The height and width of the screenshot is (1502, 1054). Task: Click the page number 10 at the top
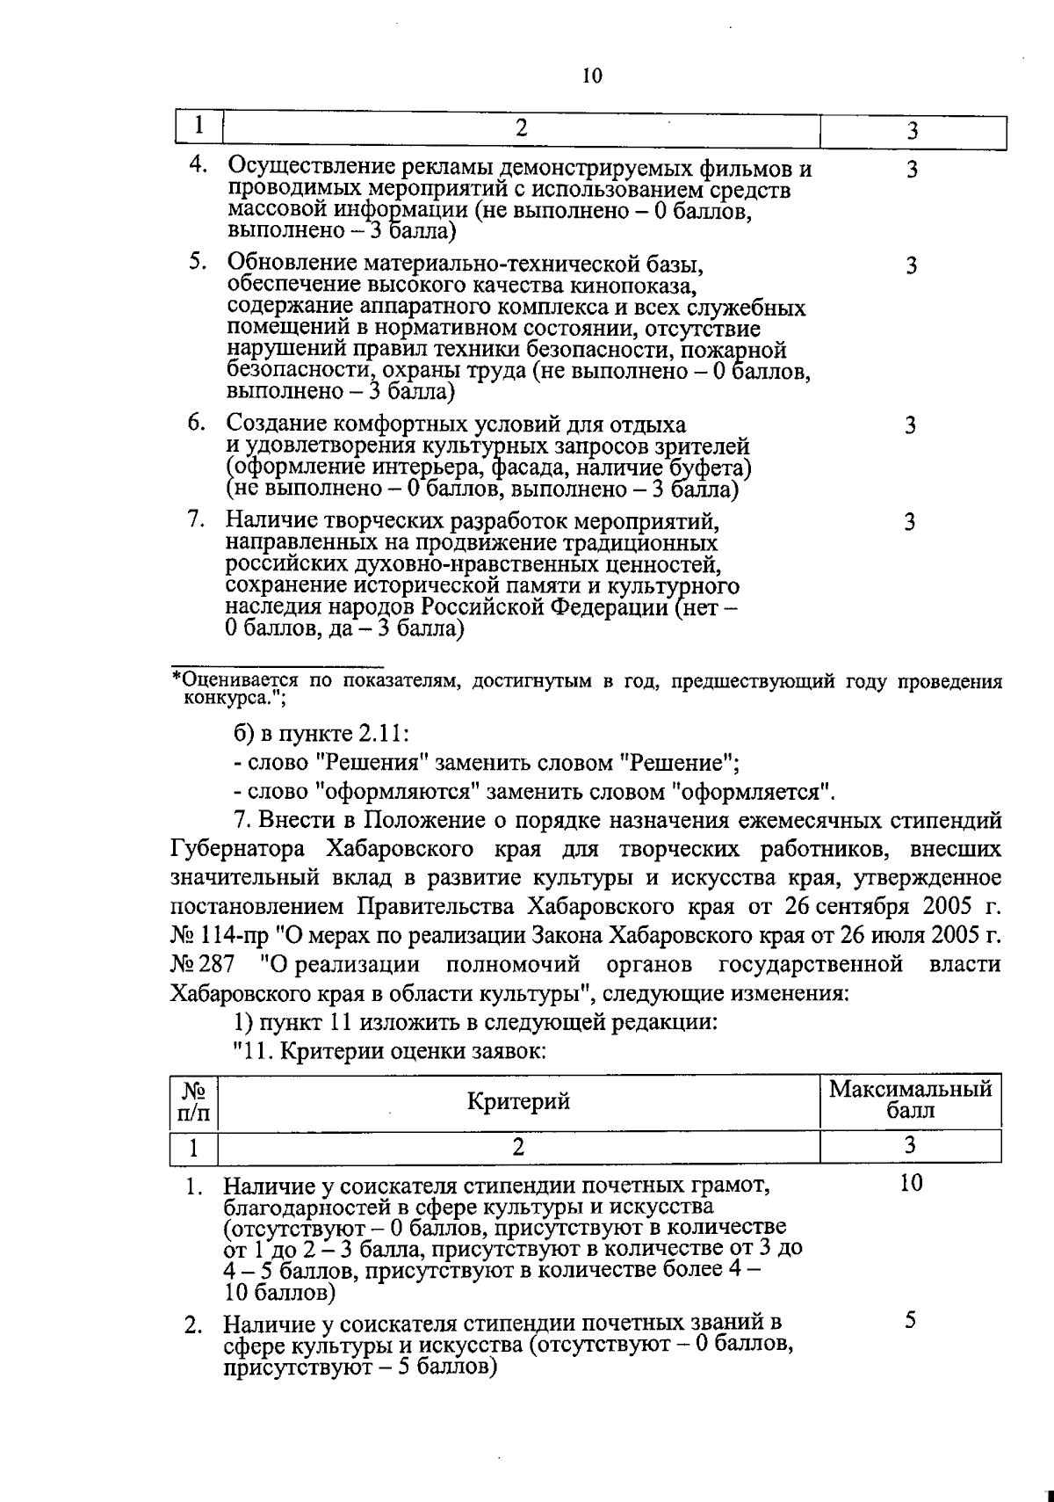click(x=592, y=76)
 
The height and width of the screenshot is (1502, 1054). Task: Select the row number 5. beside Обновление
click(x=198, y=261)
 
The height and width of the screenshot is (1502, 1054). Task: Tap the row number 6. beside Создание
click(x=198, y=423)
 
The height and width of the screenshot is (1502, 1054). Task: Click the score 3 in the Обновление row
click(x=911, y=265)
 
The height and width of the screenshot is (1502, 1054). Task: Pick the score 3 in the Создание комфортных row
click(x=911, y=426)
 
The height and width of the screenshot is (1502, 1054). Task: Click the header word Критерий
click(x=518, y=1101)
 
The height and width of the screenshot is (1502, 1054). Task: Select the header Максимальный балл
click(x=911, y=1099)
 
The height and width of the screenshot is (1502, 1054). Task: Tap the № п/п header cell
click(x=193, y=1102)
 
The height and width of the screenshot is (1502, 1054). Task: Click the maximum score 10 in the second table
click(x=911, y=1184)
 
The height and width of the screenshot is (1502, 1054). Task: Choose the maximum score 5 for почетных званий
click(x=911, y=1320)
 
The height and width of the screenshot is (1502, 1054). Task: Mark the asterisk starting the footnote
click(x=176, y=680)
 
